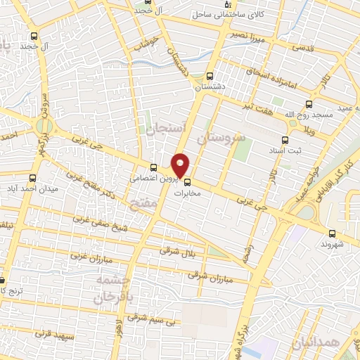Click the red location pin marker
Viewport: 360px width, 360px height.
coord(181,165)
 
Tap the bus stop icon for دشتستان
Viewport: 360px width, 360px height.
coord(210,76)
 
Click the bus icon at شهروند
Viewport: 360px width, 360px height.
coord(332,233)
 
